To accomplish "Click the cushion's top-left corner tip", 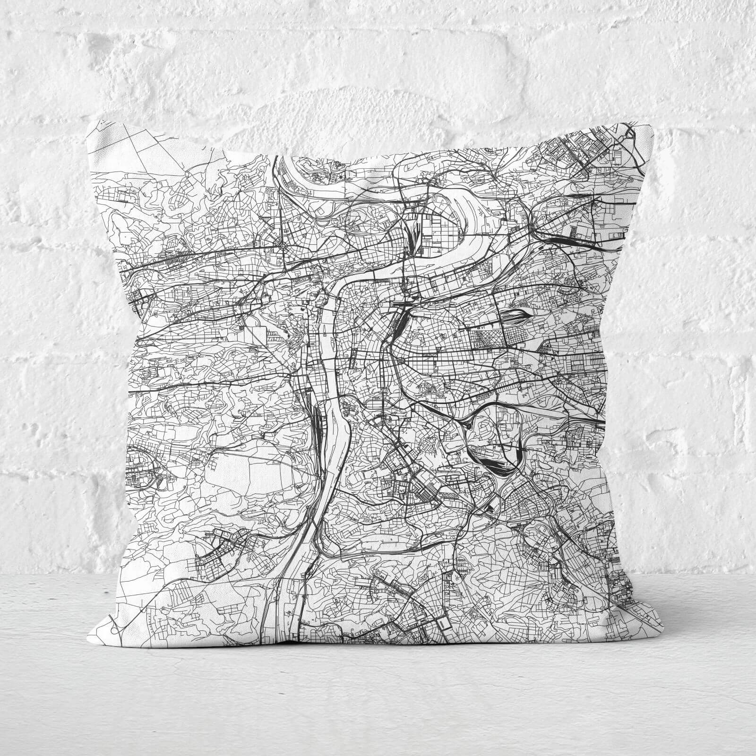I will click(89, 120).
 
